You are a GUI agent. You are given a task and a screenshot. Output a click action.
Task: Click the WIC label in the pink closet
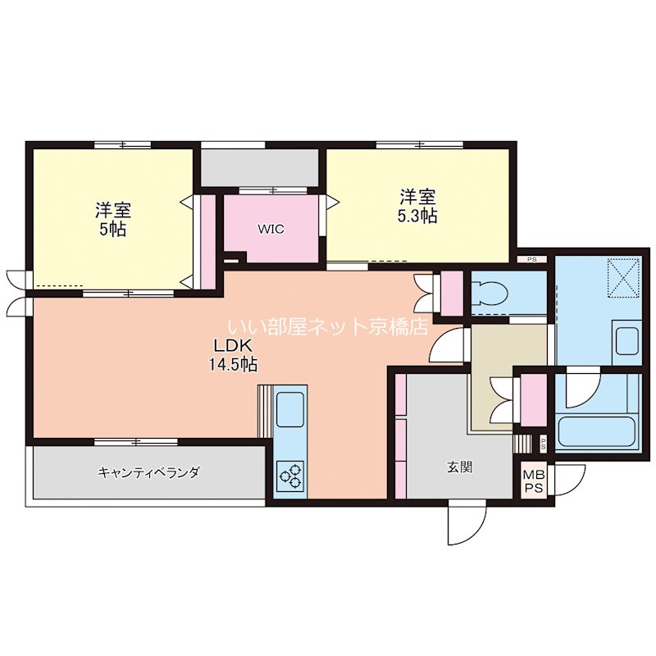tap(271, 229)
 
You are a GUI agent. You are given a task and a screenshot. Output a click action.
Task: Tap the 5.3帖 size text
tap(418, 216)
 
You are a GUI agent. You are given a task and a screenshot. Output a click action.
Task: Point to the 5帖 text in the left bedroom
tap(112, 229)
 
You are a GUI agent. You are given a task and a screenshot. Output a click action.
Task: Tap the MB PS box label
tap(534, 480)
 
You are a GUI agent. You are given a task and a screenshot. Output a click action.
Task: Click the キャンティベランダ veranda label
tap(148, 472)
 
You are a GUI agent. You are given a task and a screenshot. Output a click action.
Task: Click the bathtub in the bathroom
tap(596, 432)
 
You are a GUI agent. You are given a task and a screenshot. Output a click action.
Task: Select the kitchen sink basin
tap(291, 408)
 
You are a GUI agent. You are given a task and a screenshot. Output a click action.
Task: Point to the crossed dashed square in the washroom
tap(622, 277)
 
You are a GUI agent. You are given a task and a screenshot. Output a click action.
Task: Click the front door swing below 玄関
tap(465, 523)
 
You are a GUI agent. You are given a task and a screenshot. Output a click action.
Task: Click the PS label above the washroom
tap(531, 259)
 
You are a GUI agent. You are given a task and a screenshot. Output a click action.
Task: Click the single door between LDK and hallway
tap(449, 344)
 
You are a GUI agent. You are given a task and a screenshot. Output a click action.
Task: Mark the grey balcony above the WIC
tap(260, 166)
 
